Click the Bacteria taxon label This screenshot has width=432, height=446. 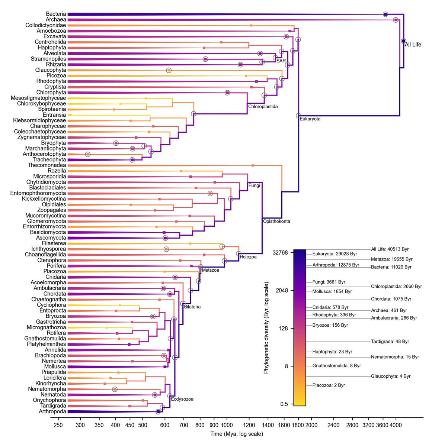pyautogui.click(x=56, y=14)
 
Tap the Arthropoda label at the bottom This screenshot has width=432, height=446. pyautogui.click(x=52, y=411)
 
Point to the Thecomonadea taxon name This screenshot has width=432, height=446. pyautogui.click(x=47, y=165)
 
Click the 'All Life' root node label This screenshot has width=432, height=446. pyautogui.click(x=413, y=45)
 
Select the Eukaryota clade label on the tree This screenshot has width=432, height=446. pyautogui.click(x=310, y=119)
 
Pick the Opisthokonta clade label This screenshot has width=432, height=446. pyautogui.click(x=276, y=221)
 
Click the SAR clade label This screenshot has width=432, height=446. pyautogui.click(x=281, y=61)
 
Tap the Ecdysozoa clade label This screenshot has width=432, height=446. pyautogui.click(x=182, y=399)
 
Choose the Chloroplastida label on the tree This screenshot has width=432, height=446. pyautogui.click(x=263, y=107)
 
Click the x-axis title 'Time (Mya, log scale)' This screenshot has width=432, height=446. pyautogui.click(x=237, y=434)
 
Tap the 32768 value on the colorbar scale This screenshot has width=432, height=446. pyautogui.click(x=281, y=253)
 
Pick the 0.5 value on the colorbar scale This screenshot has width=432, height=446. pyautogui.click(x=284, y=404)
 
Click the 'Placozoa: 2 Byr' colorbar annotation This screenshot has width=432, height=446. pyautogui.click(x=329, y=385)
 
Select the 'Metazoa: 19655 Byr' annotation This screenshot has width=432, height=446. pyautogui.click(x=391, y=259)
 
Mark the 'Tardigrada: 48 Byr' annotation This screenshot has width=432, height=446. pyautogui.click(x=390, y=342)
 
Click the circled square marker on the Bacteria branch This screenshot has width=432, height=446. pyautogui.click(x=385, y=14)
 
